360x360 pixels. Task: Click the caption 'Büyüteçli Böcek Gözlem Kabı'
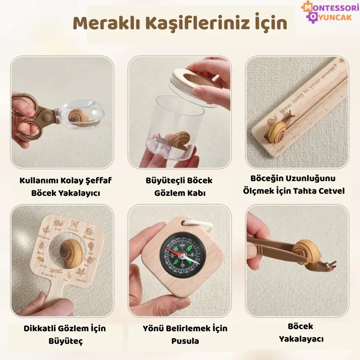tap(179, 186)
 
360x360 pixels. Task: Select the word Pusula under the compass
tap(185, 341)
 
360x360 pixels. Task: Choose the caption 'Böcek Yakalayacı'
tap(301, 333)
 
